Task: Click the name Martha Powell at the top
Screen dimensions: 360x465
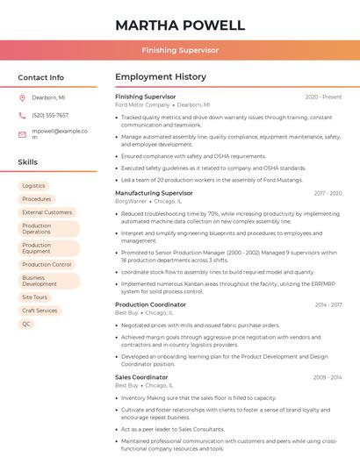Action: pyautogui.click(x=179, y=24)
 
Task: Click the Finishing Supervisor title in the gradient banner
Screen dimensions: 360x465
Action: pyautogui.click(x=180, y=50)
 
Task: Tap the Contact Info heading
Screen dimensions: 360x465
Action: pyautogui.click(x=41, y=77)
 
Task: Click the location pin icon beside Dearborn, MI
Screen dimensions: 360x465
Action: pyautogui.click(x=22, y=97)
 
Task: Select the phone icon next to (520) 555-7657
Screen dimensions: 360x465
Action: pyautogui.click(x=22, y=115)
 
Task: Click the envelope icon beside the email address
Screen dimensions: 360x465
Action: pyautogui.click(x=22, y=134)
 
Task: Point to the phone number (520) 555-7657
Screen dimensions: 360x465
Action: pyautogui.click(x=50, y=115)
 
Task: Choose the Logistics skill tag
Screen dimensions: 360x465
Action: pyautogui.click(x=33, y=185)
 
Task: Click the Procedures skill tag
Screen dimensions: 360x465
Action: pyautogui.click(x=36, y=199)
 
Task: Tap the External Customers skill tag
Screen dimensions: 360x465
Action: pyautogui.click(x=47, y=212)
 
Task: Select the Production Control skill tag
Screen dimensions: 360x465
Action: pyautogui.click(x=47, y=264)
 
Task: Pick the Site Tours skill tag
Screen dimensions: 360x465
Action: pyautogui.click(x=35, y=297)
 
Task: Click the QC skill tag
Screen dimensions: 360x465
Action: pyautogui.click(x=26, y=324)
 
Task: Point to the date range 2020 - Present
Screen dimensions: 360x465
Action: pyautogui.click(x=323, y=97)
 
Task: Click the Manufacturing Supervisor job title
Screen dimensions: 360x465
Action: pyautogui.click(x=154, y=192)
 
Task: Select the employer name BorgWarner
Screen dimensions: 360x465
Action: pyautogui.click(x=131, y=201)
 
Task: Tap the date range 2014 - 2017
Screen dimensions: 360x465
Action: pyautogui.click(x=328, y=304)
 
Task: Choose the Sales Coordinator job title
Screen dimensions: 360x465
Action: pyautogui.click(x=141, y=377)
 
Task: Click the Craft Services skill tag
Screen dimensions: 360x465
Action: pyautogui.click(x=40, y=311)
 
